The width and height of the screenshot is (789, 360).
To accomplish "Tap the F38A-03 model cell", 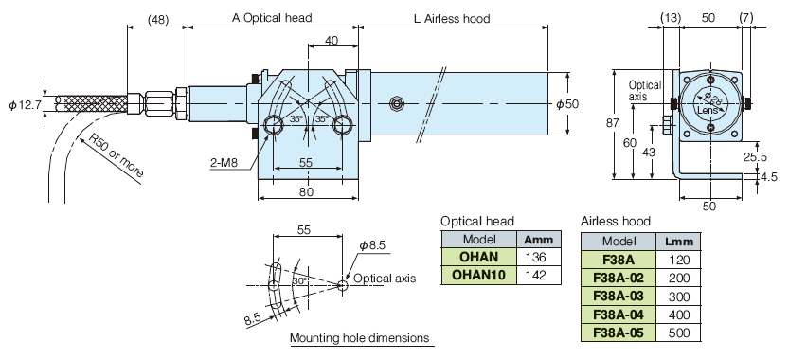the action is click(x=619, y=297).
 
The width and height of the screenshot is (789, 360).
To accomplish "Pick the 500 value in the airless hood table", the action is click(x=678, y=333).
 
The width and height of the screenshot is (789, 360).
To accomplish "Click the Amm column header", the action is click(x=539, y=239).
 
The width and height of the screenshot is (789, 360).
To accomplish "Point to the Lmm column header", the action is click(x=678, y=242).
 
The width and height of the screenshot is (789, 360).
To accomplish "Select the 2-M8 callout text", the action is click(x=224, y=163).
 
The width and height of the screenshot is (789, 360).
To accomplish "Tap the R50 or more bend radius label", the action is click(x=117, y=155).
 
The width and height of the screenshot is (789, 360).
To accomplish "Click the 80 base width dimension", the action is click(x=307, y=191).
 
